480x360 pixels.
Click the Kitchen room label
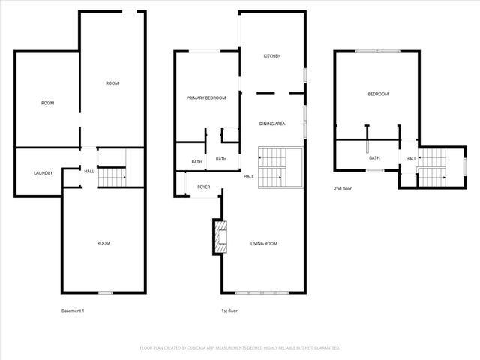tap(271, 56)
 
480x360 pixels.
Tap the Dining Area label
tap(271, 124)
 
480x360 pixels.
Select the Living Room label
tap(264, 244)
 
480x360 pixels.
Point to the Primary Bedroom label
tap(206, 98)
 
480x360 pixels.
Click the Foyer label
tap(204, 187)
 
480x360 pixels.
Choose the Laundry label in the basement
tap(43, 173)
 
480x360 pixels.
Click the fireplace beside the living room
tap(220, 236)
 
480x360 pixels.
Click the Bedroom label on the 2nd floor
tap(378, 94)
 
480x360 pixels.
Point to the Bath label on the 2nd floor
tap(374, 158)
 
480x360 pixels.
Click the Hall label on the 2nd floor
tap(411, 159)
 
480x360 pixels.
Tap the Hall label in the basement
tap(89, 172)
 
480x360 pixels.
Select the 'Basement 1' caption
tap(73, 310)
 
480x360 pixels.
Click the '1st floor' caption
tap(229, 310)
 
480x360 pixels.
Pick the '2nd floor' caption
tap(343, 189)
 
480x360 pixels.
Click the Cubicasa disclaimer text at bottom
tap(240, 348)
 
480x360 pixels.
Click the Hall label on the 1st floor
tap(248, 177)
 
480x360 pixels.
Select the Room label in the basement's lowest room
tap(103, 243)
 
